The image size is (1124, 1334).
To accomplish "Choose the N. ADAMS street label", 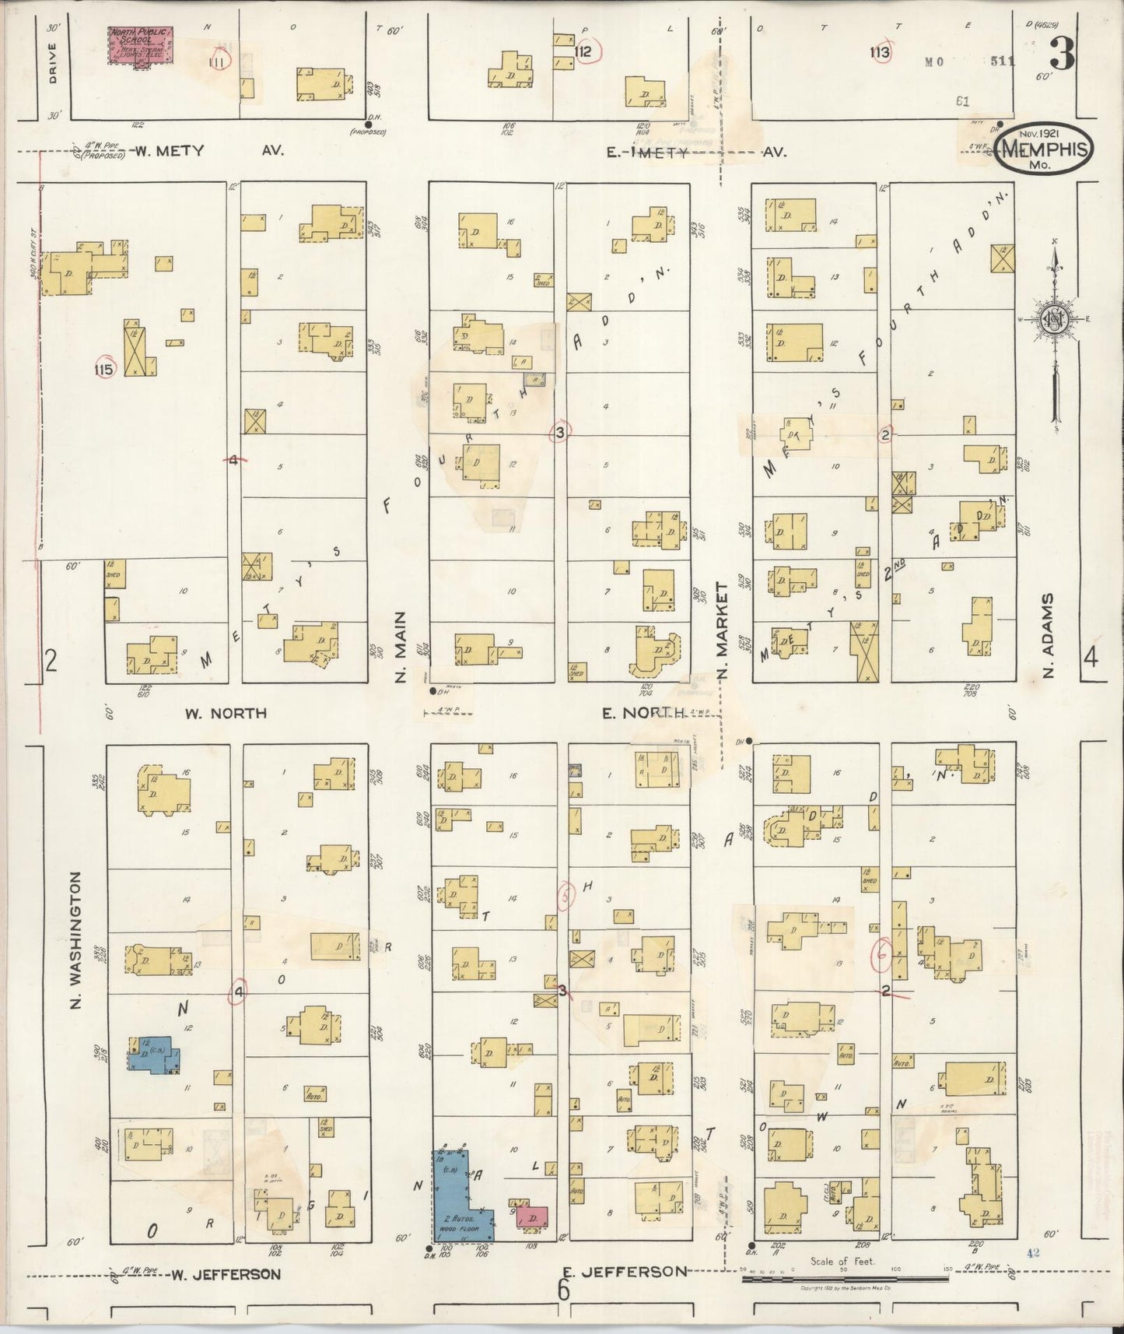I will coord(1048,636).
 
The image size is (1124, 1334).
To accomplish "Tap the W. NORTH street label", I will coord(225,713).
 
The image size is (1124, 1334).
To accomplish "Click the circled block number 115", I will coord(103,369).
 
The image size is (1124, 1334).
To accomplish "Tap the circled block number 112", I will coord(583,52).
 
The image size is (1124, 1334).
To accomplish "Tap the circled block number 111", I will coord(219,61).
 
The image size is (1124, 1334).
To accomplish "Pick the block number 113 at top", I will coord(880,53).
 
